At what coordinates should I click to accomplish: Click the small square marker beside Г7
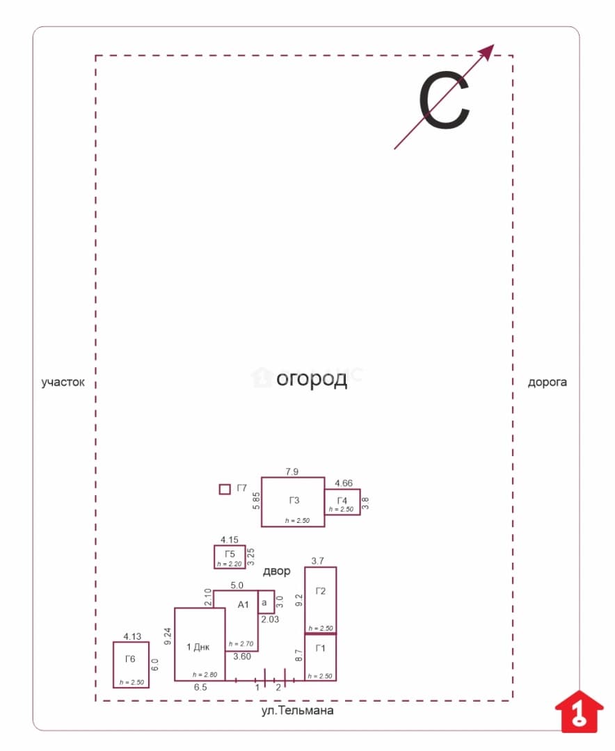(x=224, y=489)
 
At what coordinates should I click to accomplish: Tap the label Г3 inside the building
(x=294, y=501)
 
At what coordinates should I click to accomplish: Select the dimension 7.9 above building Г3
(x=292, y=471)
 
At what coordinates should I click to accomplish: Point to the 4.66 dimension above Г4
(x=344, y=483)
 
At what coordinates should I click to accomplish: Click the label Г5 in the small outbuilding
(x=230, y=554)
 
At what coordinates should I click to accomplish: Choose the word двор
(x=277, y=571)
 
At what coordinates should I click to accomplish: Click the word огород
(x=312, y=380)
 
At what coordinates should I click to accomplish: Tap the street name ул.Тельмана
(x=297, y=710)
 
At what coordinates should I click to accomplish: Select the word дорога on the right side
(x=547, y=382)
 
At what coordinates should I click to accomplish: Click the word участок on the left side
(x=63, y=382)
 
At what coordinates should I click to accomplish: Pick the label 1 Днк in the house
(x=198, y=647)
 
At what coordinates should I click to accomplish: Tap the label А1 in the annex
(x=243, y=605)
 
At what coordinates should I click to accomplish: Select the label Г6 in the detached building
(x=130, y=659)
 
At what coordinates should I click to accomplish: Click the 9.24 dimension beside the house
(x=168, y=636)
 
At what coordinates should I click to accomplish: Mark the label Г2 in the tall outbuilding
(x=321, y=591)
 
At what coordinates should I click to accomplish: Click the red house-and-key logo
(x=579, y=712)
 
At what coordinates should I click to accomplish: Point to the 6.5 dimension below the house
(x=200, y=687)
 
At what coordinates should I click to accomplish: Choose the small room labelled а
(x=266, y=602)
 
